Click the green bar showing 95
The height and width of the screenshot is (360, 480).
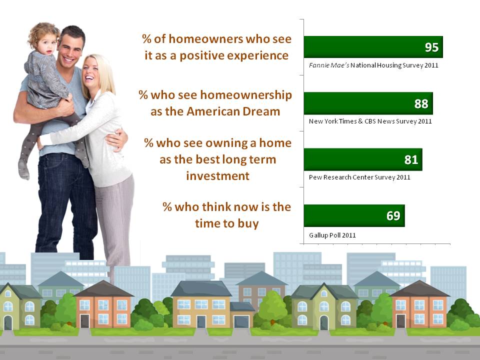[373, 47]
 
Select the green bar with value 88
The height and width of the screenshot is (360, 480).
[368, 103]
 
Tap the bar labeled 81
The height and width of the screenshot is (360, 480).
[363, 159]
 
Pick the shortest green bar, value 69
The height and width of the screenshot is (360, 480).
[354, 216]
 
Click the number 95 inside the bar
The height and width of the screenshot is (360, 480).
[431, 47]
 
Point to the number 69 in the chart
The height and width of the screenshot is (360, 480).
[393, 216]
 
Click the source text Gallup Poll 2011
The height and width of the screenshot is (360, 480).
[332, 235]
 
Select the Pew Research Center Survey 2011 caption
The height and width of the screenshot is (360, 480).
[359, 177]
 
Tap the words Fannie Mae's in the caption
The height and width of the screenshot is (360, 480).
[329, 65]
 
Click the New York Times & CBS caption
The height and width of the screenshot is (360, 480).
[370, 121]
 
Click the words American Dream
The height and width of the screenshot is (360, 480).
[233, 111]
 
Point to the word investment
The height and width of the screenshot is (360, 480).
[217, 176]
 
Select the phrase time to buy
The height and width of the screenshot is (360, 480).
[227, 223]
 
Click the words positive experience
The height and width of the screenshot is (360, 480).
[234, 55]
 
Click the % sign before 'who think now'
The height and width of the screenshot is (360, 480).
[167, 207]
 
